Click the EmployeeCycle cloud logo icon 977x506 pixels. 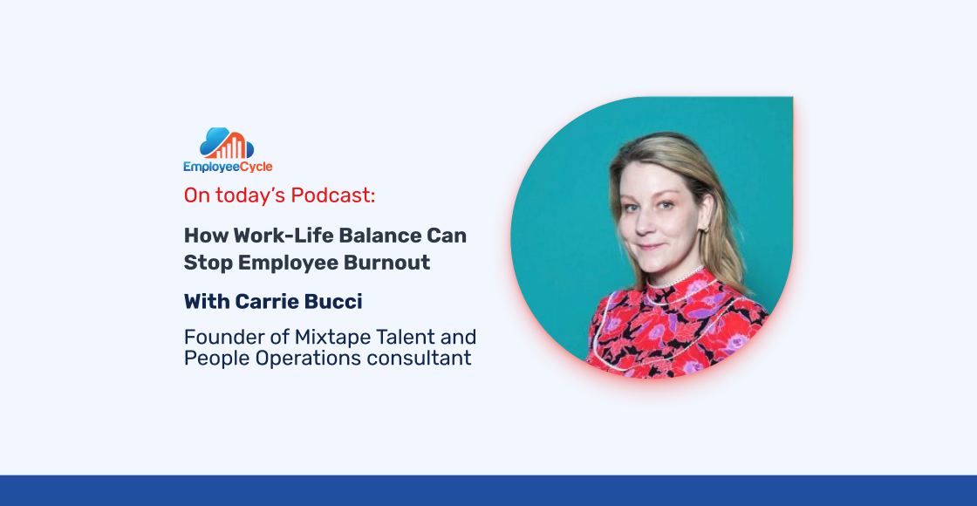point(227,143)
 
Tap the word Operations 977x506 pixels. point(301,358)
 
